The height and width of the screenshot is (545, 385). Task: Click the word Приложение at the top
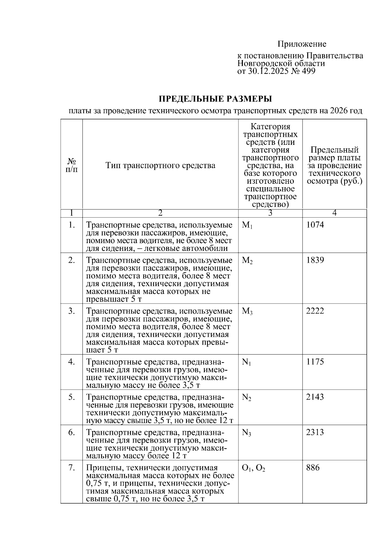coord(302,44)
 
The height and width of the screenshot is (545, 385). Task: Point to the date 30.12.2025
coord(267,71)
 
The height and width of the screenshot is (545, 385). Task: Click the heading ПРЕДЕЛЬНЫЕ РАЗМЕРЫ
coord(215,99)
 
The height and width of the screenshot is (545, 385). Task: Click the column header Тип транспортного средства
coord(160,166)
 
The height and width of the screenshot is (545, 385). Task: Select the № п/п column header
coord(72,165)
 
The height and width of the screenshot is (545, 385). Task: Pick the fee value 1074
coord(315,225)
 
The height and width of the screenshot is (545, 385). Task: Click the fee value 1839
coord(315,260)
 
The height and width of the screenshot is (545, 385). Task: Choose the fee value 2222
coord(315,311)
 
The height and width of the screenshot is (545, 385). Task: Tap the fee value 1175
coord(315,362)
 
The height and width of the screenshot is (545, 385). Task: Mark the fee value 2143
coord(315,397)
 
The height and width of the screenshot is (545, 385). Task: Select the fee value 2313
coord(315,432)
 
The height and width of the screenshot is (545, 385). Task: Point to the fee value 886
coord(313,468)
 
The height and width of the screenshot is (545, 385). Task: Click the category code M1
coord(247,225)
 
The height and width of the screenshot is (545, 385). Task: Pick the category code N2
coord(246,398)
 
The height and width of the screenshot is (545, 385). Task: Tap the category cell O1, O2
coord(253,468)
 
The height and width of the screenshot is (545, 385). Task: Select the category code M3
coord(247,312)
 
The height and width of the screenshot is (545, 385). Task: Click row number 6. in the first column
coord(72,432)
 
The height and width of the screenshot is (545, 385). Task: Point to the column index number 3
coord(270,213)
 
